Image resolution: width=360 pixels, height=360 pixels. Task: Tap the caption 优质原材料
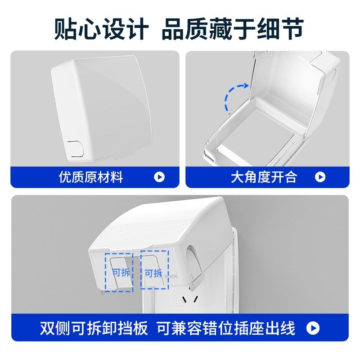[x=91, y=177]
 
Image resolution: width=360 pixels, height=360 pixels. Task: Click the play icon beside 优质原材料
[x=159, y=177]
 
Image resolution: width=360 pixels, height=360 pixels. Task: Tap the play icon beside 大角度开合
[x=320, y=177]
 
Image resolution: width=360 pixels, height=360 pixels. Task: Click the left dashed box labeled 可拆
[x=119, y=271]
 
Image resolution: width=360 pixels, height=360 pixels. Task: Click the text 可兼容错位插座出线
[x=226, y=328]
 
